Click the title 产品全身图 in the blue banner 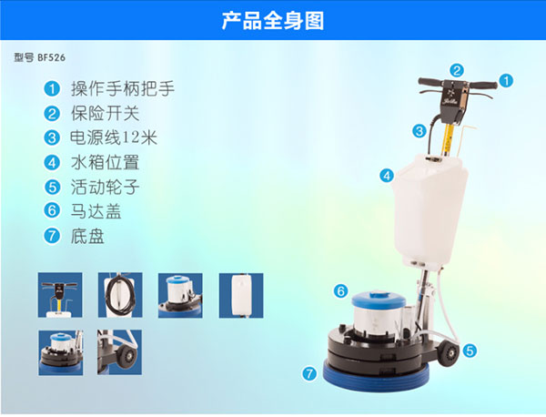pyautogui.click(x=273, y=21)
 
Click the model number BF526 pyautogui.click(x=52, y=57)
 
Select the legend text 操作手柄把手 pyautogui.click(x=123, y=88)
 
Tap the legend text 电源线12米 pyautogui.click(x=114, y=137)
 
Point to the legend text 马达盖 pyautogui.click(x=96, y=211)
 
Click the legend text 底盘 pyautogui.click(x=87, y=236)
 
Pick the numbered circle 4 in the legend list pyautogui.click(x=52, y=162)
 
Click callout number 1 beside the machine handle pyautogui.click(x=506, y=81)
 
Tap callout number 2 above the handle pyautogui.click(x=457, y=70)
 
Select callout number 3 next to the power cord pyautogui.click(x=420, y=131)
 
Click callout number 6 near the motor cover pyautogui.click(x=340, y=290)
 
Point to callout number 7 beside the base pyautogui.click(x=309, y=374)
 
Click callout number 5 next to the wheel pyautogui.click(x=470, y=351)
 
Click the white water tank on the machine pyautogui.click(x=430, y=209)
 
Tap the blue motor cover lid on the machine pyautogui.click(x=379, y=300)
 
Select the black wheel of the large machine pyautogui.click(x=450, y=353)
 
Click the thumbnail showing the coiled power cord pyautogui.click(x=120, y=295)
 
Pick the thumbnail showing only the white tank pyautogui.click(x=241, y=295)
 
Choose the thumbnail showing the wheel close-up pyautogui.click(x=119, y=352)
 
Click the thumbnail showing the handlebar pyautogui.click(x=60, y=295)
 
